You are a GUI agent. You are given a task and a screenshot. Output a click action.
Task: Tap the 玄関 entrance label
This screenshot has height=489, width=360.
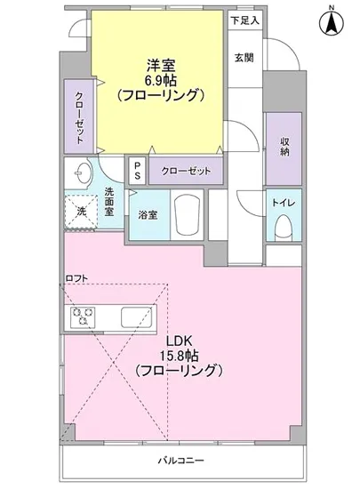[x=244, y=59]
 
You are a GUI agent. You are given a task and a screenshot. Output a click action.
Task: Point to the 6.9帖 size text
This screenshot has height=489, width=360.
[x=161, y=79]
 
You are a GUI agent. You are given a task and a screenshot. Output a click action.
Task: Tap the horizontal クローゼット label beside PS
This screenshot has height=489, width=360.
[x=186, y=170]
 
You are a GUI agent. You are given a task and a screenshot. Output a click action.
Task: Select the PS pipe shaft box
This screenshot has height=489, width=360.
[x=137, y=170]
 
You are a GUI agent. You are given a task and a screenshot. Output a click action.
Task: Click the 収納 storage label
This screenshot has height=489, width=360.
[x=284, y=147]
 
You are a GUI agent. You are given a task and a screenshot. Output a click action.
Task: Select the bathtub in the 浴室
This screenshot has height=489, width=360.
[x=187, y=214]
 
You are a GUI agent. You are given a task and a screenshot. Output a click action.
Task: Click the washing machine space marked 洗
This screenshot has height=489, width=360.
[x=78, y=212]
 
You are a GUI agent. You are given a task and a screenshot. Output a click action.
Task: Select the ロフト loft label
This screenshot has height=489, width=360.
[x=77, y=278]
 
